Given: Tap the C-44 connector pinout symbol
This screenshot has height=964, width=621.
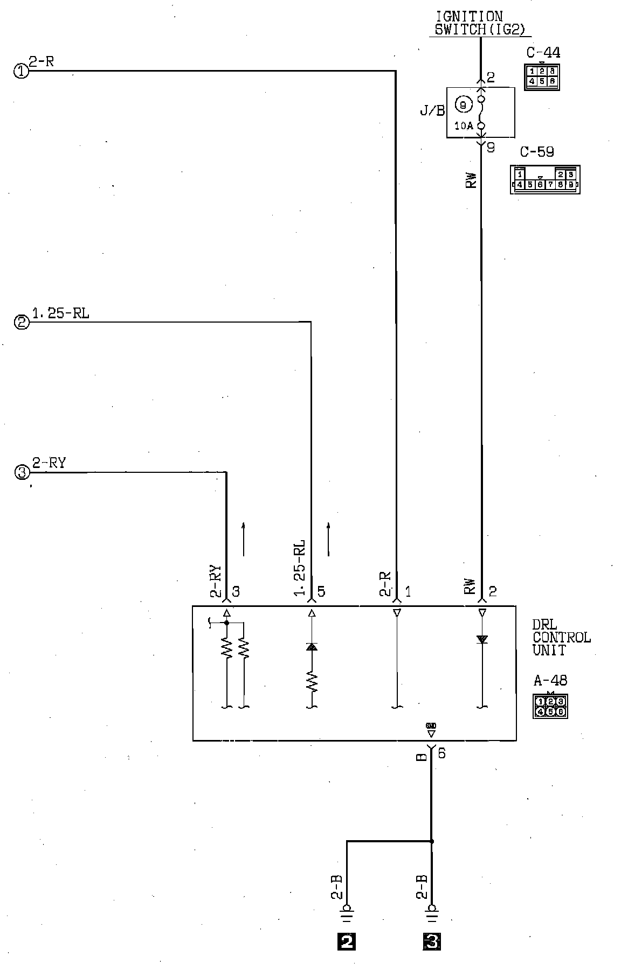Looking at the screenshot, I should [x=541, y=76].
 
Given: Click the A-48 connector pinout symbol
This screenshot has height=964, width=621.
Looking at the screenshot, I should [x=550, y=706].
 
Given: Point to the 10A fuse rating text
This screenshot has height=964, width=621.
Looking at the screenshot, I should [x=463, y=126].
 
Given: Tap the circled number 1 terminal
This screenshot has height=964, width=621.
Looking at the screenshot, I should [x=21, y=71].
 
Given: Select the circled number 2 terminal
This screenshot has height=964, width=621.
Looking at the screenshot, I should [x=22, y=323].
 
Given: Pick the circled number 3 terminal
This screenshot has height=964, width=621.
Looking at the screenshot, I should [x=22, y=473].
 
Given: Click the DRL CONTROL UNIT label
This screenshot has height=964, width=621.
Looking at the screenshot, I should [x=561, y=637].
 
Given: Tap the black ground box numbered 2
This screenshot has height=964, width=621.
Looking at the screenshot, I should [x=346, y=941].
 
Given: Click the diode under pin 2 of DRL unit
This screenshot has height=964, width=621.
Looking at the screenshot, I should [x=482, y=639].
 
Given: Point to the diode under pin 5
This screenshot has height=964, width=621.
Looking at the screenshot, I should [x=312, y=647].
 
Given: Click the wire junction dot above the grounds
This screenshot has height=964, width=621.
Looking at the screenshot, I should [x=431, y=841].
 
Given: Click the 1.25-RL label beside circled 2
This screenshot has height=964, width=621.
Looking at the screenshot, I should [x=60, y=313].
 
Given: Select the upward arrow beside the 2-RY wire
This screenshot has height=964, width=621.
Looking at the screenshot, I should [x=243, y=539].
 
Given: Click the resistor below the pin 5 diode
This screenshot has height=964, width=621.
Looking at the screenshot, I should [x=312, y=682].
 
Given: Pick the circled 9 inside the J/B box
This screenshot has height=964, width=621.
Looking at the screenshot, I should [x=463, y=106].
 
